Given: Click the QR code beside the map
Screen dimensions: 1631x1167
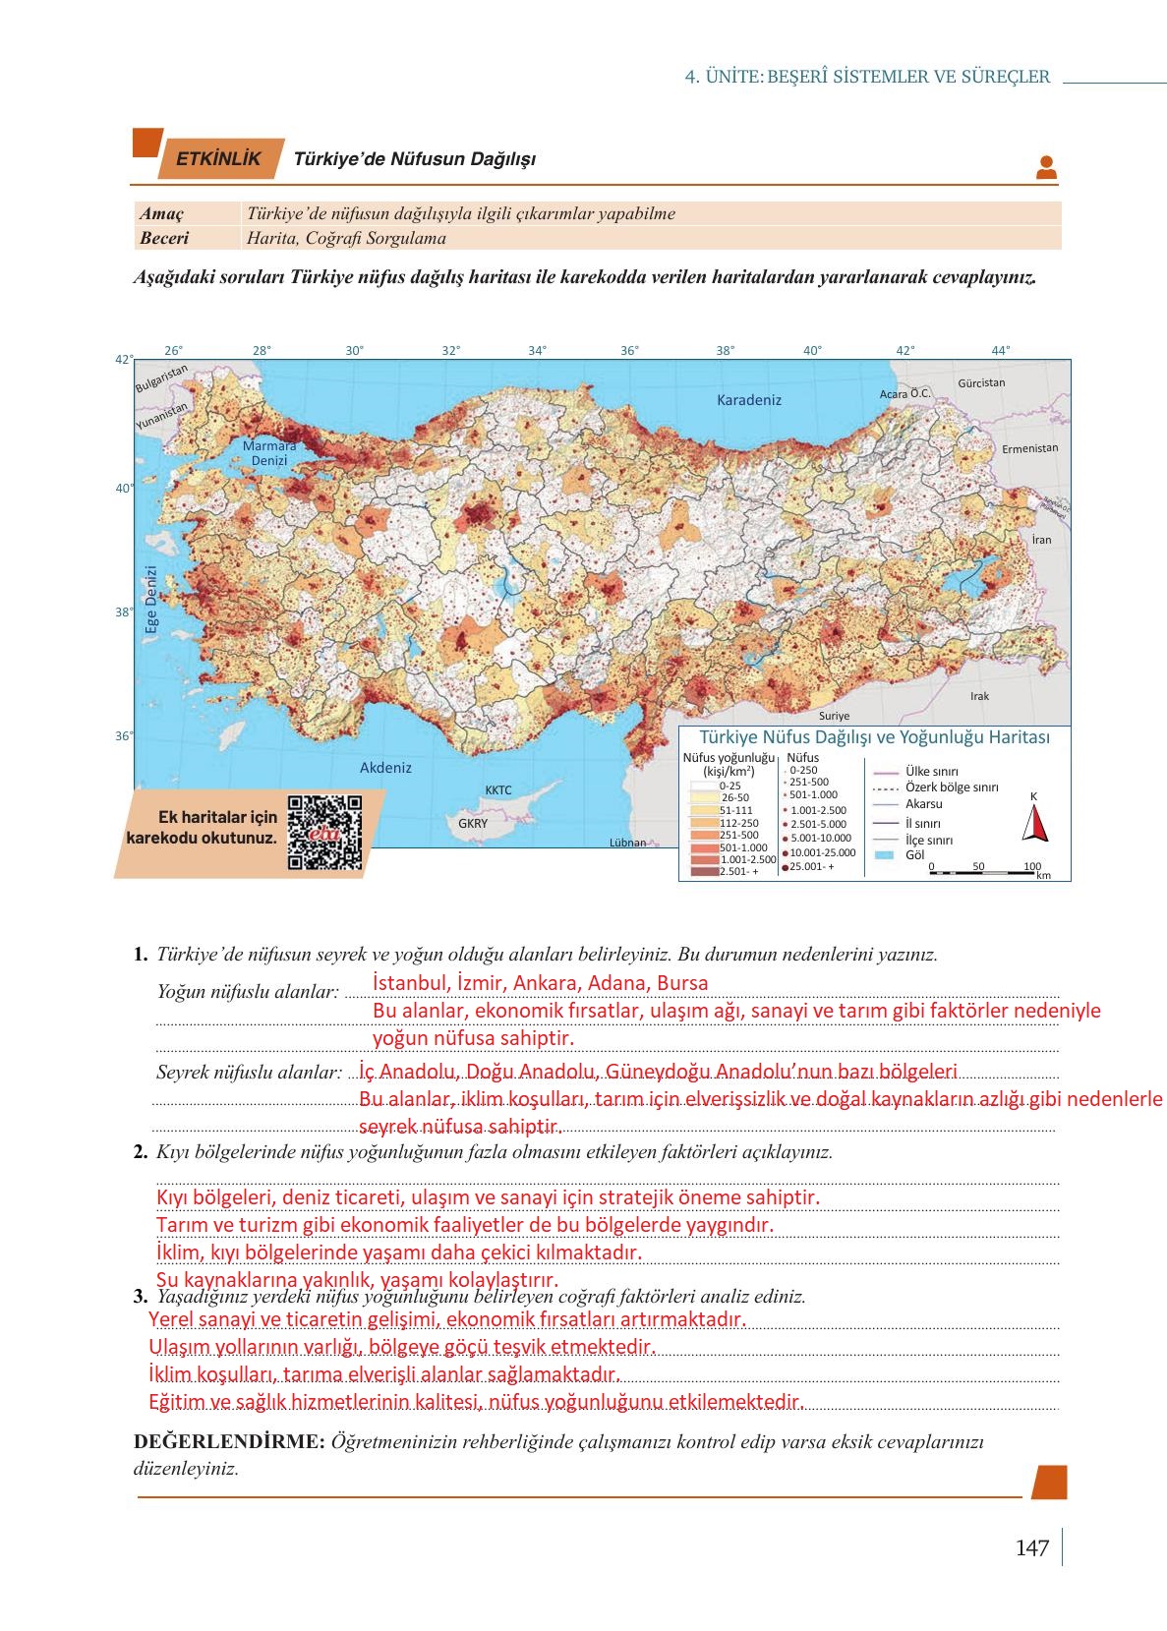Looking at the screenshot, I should click(324, 833).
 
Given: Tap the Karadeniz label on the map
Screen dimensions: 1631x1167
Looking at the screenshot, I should click(748, 400).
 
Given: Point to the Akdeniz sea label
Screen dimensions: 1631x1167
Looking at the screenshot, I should click(385, 768).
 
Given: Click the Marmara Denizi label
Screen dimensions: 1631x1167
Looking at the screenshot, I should click(269, 453).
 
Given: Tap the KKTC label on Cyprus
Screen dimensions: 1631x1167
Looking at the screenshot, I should click(498, 790).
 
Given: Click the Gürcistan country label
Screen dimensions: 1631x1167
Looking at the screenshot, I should click(980, 382).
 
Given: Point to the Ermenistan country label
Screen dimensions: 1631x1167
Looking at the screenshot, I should click(1029, 448).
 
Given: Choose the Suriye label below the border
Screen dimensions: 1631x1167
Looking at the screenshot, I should click(834, 717).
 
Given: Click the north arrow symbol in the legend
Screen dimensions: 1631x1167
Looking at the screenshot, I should click(1034, 824).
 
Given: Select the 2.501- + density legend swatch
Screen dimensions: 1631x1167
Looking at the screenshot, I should click(705, 871).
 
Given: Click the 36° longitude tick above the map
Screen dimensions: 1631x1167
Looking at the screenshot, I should click(629, 350).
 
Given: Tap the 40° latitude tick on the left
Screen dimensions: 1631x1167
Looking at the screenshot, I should click(124, 488).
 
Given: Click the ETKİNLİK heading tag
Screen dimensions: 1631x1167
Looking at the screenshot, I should click(218, 159).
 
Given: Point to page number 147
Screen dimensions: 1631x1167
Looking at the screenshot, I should click(1031, 1548).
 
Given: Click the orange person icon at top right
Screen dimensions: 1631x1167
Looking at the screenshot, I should click(1046, 168).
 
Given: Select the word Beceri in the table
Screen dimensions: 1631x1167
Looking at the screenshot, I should click(164, 238).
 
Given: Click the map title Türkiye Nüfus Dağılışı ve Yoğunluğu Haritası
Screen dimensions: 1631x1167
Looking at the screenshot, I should click(874, 737).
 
